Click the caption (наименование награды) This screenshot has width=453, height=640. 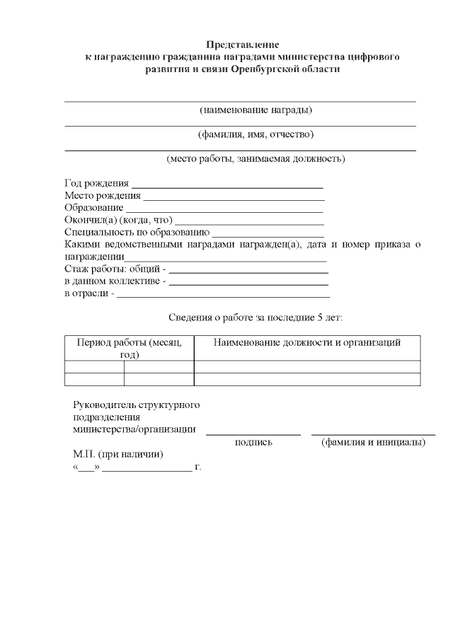(x=256, y=110)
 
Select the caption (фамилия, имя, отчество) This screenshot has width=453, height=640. (x=256, y=134)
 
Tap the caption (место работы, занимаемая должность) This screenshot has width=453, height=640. (x=256, y=159)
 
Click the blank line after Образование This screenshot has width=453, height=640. (x=224, y=209)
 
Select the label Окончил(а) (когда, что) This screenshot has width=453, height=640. (x=118, y=221)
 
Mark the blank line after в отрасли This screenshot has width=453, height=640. (x=223, y=295)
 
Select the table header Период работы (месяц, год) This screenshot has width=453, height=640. (x=129, y=349)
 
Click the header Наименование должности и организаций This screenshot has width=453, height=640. (x=307, y=343)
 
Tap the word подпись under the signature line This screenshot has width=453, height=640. (x=253, y=443)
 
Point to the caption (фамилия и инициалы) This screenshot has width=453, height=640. (x=373, y=443)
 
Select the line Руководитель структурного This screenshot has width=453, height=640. (x=136, y=405)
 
